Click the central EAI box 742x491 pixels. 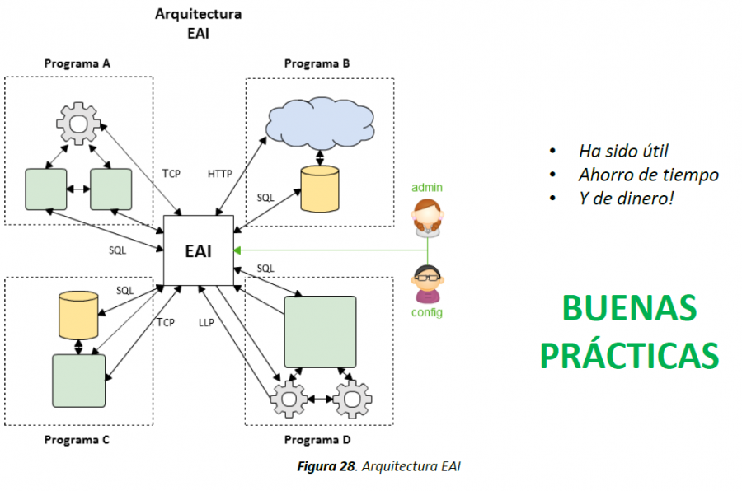(x=198, y=250)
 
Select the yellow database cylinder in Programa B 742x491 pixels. (x=319, y=188)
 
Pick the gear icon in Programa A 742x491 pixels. (x=78, y=124)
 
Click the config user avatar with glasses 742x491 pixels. (x=427, y=283)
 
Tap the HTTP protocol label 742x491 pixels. (x=219, y=174)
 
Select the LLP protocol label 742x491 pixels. (x=206, y=321)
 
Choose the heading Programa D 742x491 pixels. (x=317, y=439)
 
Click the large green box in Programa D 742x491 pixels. (x=320, y=332)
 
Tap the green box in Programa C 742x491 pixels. (x=78, y=381)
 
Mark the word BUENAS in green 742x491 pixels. (x=629, y=309)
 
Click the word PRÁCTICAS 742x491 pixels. (x=630, y=355)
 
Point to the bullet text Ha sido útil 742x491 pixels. (x=623, y=151)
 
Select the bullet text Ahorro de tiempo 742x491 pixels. (x=648, y=175)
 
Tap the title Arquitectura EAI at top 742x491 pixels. (x=198, y=23)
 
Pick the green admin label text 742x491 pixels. (x=427, y=188)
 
